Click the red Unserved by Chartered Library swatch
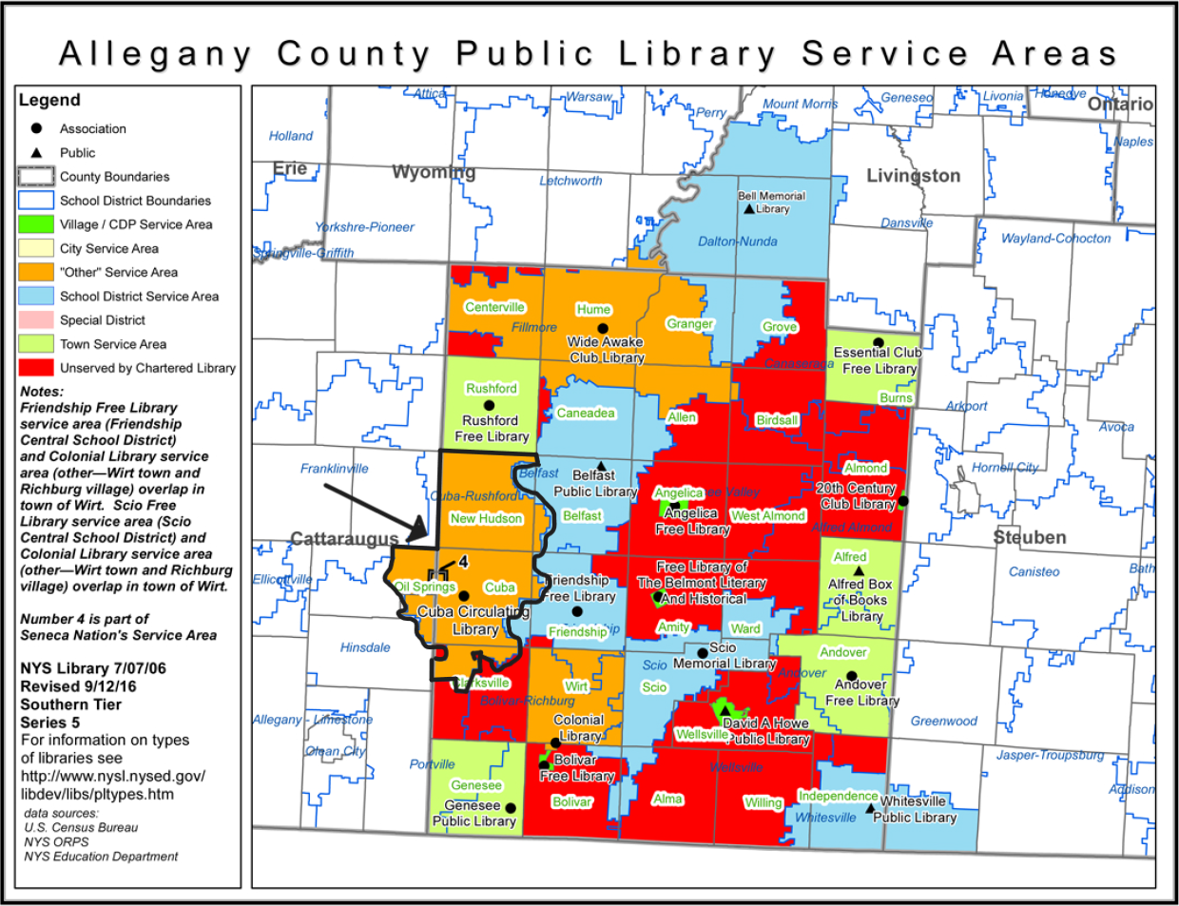(36, 367)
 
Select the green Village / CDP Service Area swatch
(36, 224)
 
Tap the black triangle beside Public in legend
(37, 152)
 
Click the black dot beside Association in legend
(37, 128)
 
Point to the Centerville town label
(494, 307)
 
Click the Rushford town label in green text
(491, 388)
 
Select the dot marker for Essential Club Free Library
(878, 342)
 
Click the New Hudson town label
(486, 518)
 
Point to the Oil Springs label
(425, 587)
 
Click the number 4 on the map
(463, 563)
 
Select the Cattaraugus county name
(343, 539)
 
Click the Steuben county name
(1029, 537)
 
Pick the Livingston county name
(913, 176)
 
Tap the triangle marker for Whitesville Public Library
(869, 809)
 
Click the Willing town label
(763, 802)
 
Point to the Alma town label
(667, 799)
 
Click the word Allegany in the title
(156, 54)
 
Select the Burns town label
(896, 397)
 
